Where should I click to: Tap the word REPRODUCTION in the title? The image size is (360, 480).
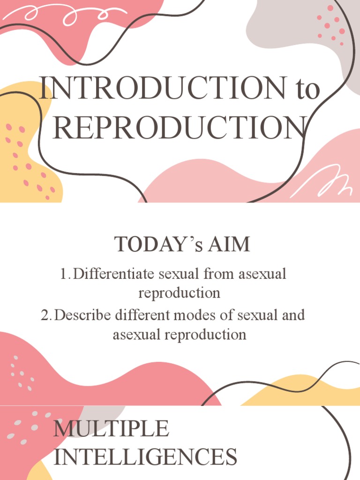point(181,127)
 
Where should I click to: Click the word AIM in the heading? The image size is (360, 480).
point(230,244)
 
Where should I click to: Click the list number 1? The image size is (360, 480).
point(65,274)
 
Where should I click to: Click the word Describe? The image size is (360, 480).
point(82,315)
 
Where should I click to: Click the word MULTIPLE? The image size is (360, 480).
point(111,428)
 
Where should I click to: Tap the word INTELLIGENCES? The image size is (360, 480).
point(145,457)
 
